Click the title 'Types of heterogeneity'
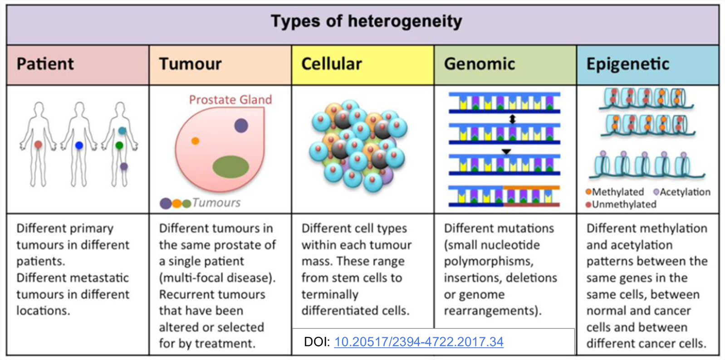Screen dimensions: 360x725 [x=366, y=21]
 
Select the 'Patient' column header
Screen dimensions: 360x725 [x=45, y=64]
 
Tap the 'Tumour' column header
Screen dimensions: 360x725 [x=190, y=64]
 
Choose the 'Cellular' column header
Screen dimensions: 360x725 [x=331, y=64]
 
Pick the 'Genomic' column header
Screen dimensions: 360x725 [x=479, y=64]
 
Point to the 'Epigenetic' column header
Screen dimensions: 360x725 [x=627, y=64]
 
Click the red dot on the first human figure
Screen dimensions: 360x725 [x=39, y=145]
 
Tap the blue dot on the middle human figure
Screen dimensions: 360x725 [x=79, y=146]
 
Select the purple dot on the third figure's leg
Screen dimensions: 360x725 [x=124, y=166]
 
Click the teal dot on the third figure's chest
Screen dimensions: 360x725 [x=122, y=131]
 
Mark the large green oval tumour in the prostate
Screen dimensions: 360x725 [x=230, y=166]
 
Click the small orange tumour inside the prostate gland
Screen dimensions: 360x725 [x=195, y=141]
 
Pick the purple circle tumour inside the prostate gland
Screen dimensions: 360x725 [x=241, y=125]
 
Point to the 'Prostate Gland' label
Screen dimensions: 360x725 [x=230, y=100]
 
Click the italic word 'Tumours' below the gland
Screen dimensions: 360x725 [x=216, y=203]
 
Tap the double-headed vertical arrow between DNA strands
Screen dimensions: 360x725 [x=513, y=119]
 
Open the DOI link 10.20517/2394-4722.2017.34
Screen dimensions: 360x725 [x=418, y=342]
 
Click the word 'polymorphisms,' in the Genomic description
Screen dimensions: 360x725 [x=488, y=262]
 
